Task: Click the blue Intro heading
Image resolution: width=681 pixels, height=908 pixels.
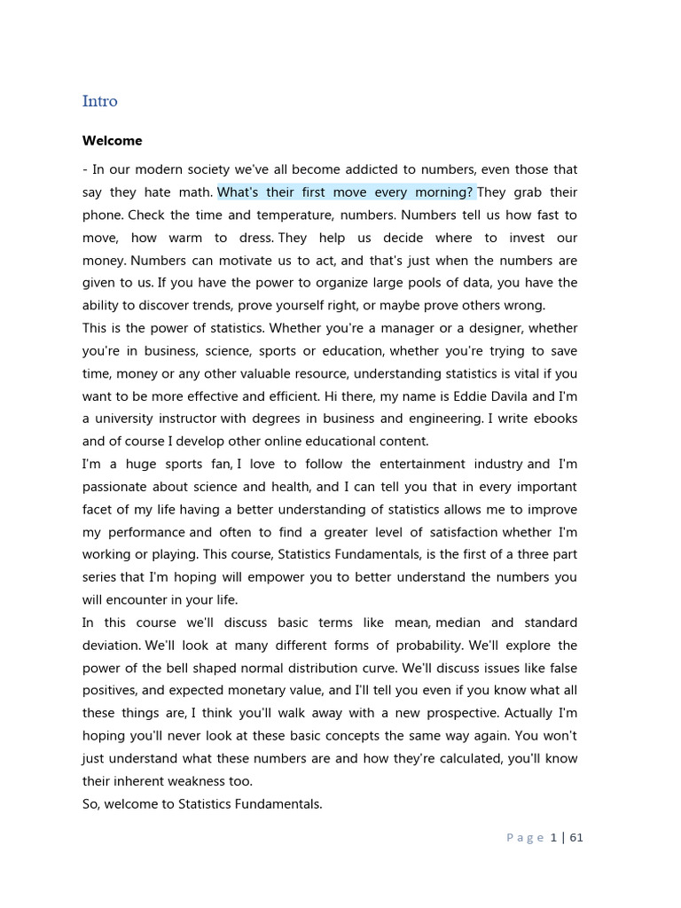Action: click(x=99, y=101)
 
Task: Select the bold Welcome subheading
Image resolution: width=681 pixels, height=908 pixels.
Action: click(x=112, y=141)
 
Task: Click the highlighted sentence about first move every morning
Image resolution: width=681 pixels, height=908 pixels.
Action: click(x=346, y=192)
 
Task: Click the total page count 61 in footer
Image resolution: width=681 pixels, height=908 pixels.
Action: click(x=575, y=837)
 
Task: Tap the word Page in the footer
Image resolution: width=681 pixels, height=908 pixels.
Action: click(x=525, y=838)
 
